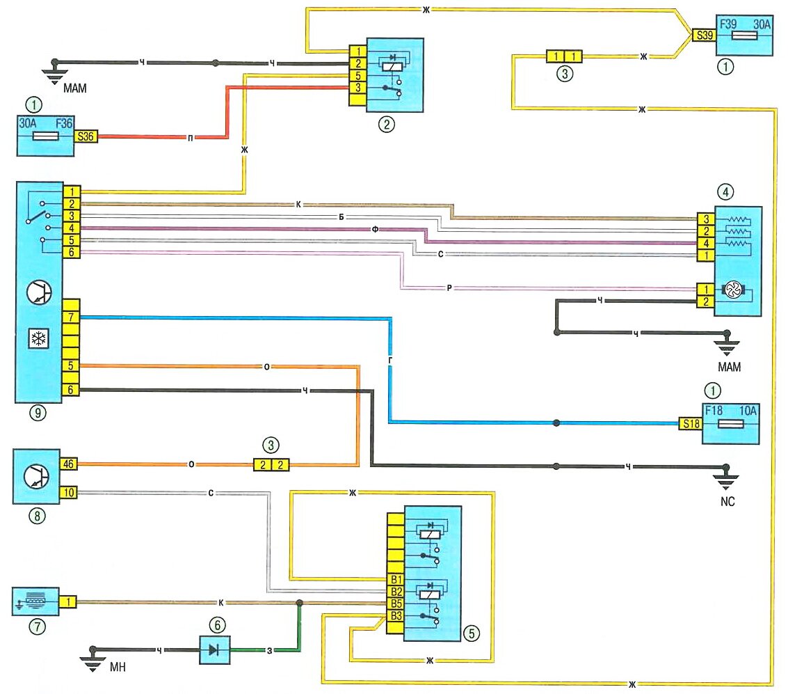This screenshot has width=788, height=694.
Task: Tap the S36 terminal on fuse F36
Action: tap(86, 137)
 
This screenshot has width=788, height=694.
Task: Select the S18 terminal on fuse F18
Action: tap(689, 423)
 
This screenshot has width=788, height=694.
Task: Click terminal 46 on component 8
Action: tap(68, 462)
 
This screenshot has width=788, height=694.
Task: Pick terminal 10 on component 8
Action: tap(68, 493)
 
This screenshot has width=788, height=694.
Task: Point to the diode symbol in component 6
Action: tap(213, 650)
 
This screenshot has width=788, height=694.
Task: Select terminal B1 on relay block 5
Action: tap(395, 578)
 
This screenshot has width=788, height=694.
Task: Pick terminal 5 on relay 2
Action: tap(357, 75)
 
